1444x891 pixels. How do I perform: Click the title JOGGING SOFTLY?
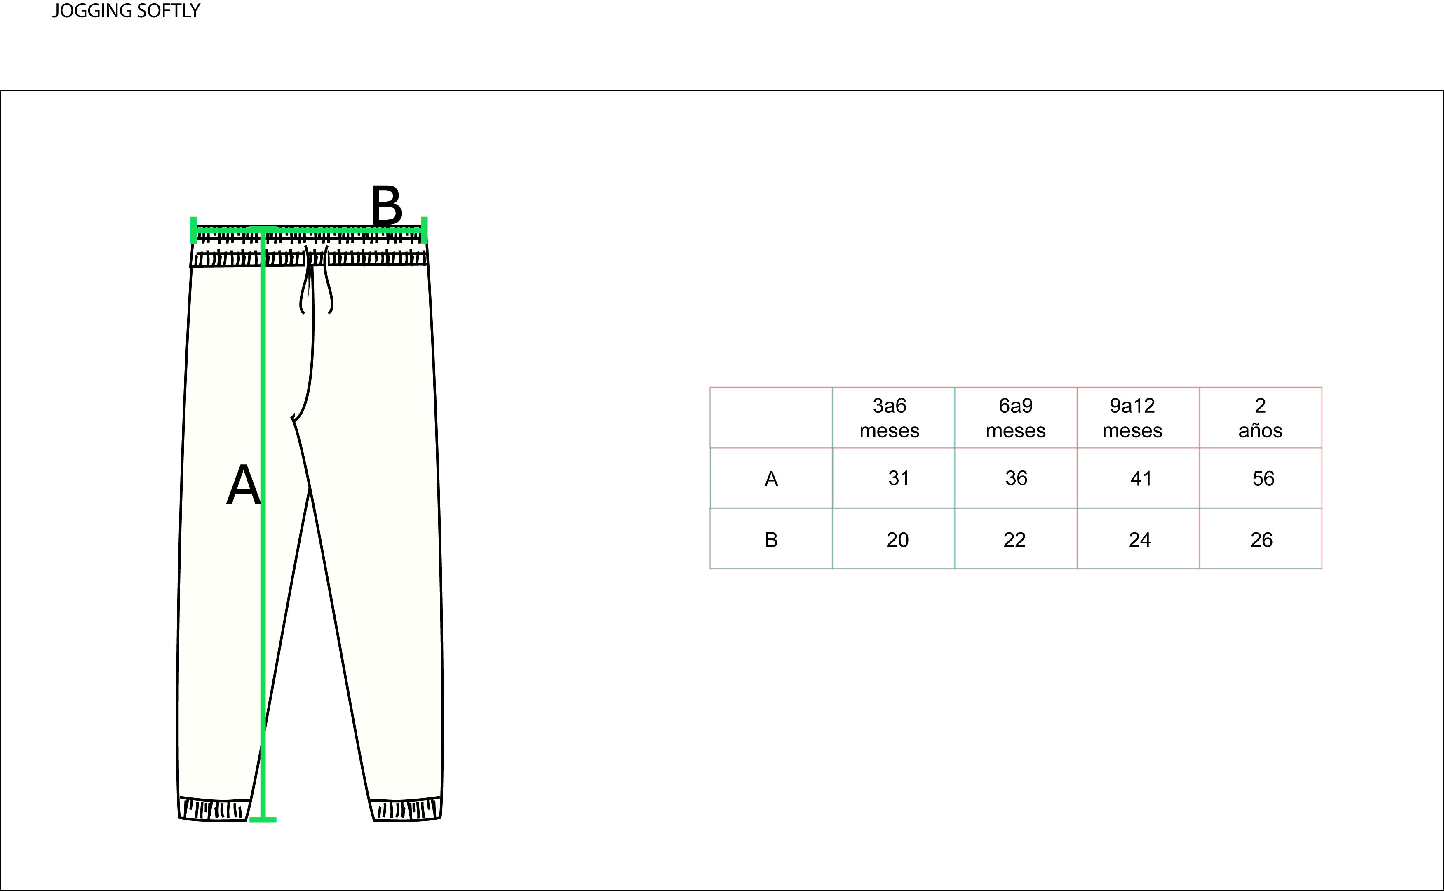[126, 11]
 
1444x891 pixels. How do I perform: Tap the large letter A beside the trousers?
[243, 484]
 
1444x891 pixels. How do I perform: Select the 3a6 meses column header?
[889, 418]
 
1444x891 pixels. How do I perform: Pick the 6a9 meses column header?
[1015, 418]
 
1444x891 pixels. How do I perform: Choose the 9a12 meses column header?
[1132, 418]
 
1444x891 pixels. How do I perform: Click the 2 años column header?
[1260, 418]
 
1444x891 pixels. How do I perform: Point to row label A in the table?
[771, 479]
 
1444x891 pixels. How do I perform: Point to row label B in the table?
[771, 540]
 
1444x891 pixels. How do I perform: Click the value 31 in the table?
[899, 478]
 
